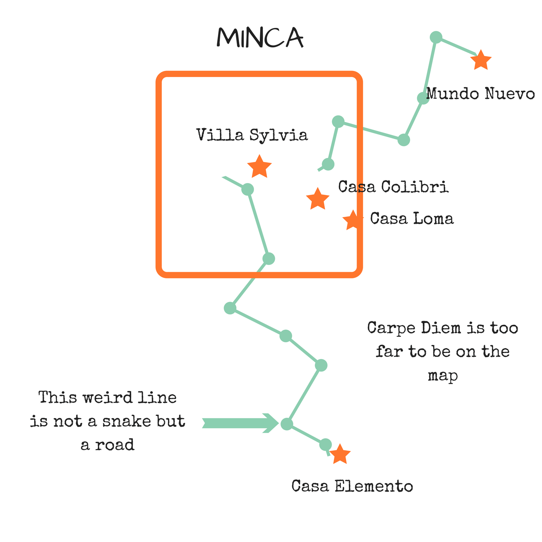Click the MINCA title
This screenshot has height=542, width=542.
tap(260, 38)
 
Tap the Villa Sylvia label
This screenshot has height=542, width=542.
tap(252, 135)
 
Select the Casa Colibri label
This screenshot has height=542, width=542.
tap(393, 187)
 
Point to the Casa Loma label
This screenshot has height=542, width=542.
tap(412, 219)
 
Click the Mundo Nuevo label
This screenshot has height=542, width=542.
tap(480, 94)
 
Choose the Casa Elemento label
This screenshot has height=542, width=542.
tap(352, 486)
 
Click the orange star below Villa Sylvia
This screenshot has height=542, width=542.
tap(259, 167)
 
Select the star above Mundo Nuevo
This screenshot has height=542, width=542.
tap(481, 60)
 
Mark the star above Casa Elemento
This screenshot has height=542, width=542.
tap(340, 454)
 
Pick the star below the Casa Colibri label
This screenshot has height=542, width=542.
tap(317, 199)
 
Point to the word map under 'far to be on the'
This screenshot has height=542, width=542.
tap(443, 376)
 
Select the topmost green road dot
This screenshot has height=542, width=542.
tap(436, 37)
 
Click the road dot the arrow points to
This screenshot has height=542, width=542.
tap(286, 424)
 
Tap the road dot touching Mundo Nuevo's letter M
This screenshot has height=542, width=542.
tap(423, 98)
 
